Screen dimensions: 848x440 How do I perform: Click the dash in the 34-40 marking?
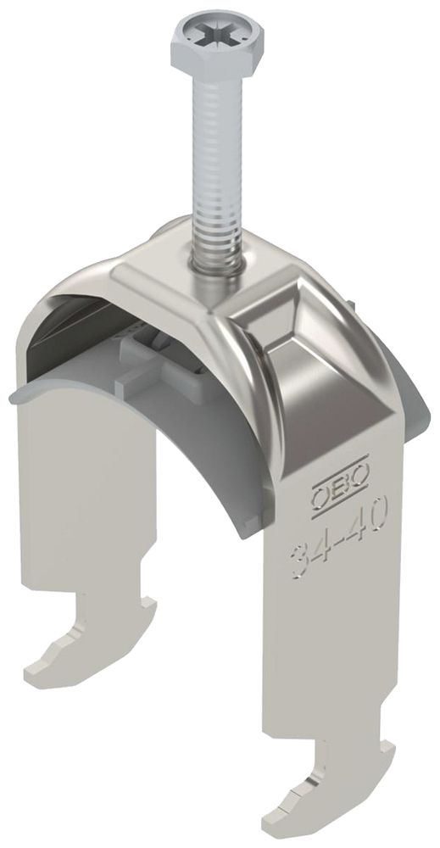tap(337, 536)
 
